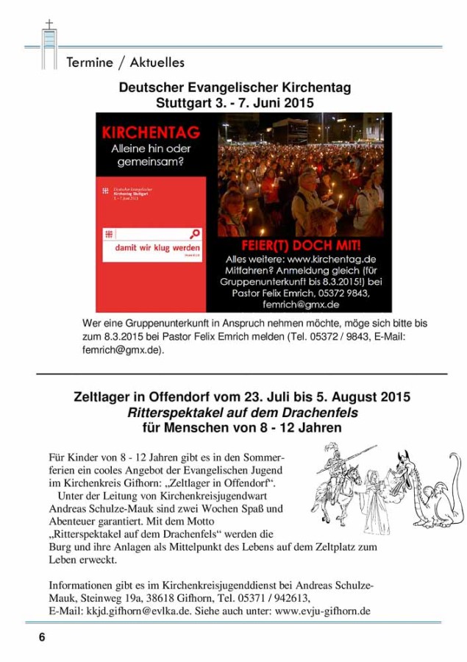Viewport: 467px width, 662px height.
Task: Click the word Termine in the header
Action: tap(89, 63)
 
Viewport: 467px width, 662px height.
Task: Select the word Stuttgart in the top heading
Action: tap(188, 103)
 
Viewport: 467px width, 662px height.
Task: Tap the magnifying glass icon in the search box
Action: tap(195, 235)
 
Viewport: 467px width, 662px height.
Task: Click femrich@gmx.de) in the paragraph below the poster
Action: tap(124, 351)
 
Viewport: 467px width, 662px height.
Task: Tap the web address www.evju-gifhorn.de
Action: tap(323, 611)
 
